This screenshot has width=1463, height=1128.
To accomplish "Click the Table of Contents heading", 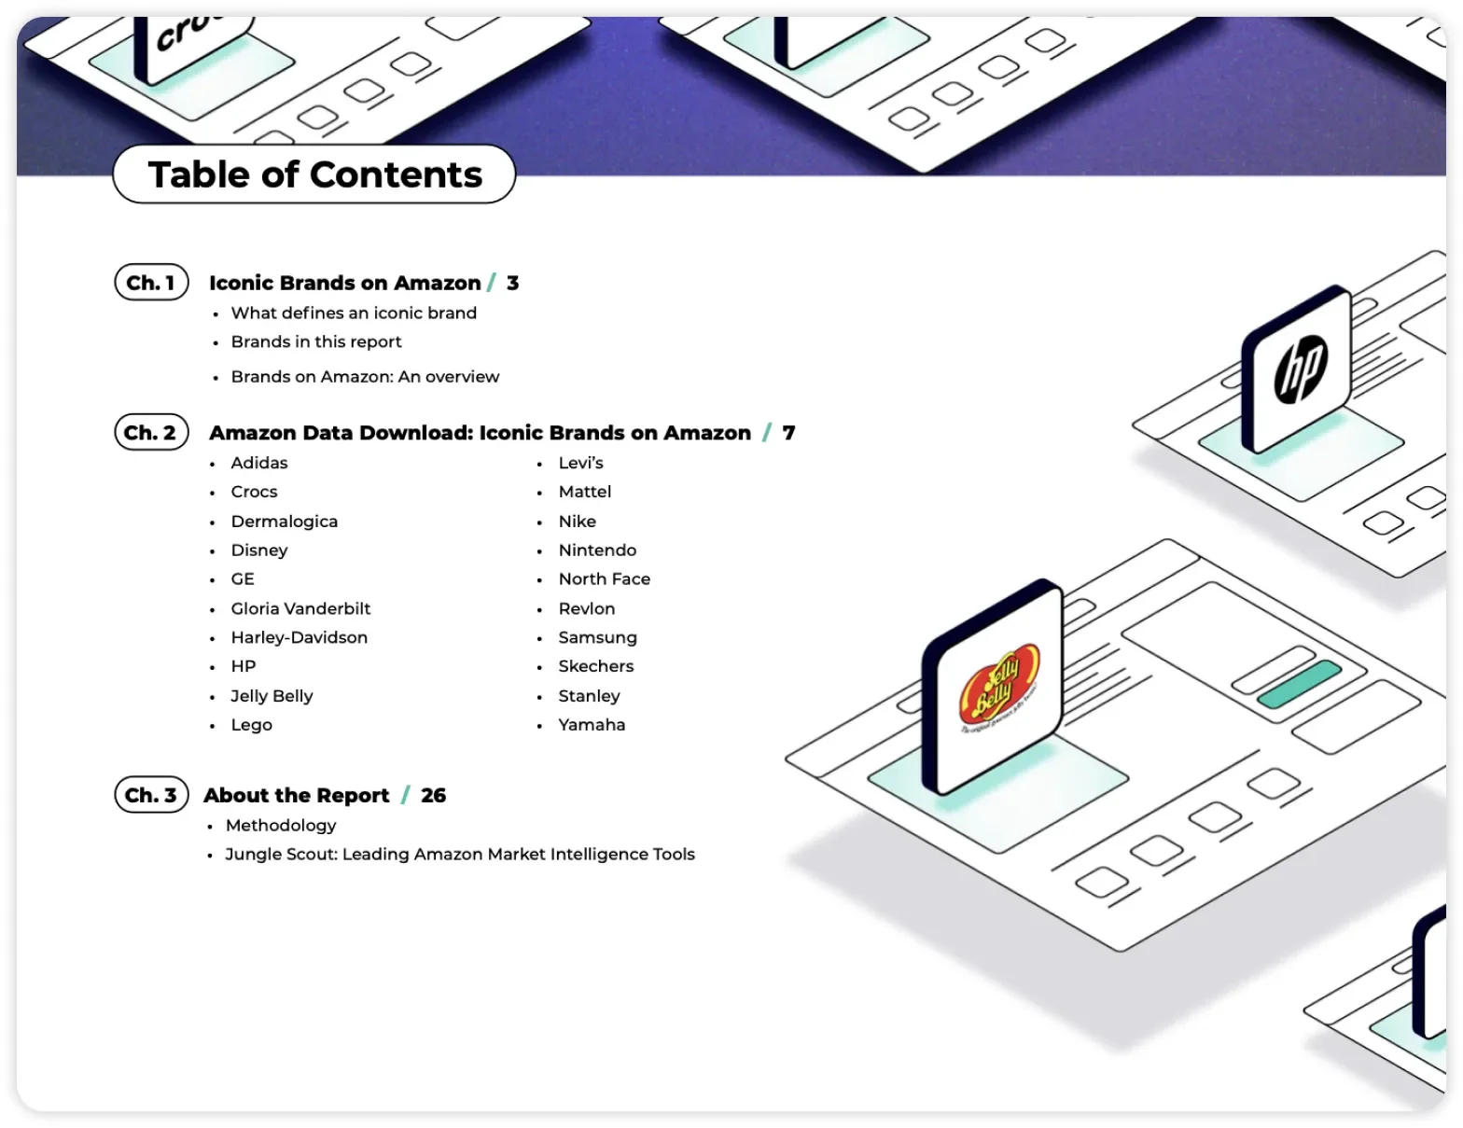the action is tap(314, 174).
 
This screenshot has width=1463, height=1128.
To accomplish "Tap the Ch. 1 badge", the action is tap(151, 282).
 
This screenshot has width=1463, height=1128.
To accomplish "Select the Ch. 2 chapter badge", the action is tap(151, 432).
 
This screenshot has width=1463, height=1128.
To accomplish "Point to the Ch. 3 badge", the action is tap(151, 795).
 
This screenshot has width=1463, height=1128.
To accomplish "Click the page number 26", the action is tap(433, 796).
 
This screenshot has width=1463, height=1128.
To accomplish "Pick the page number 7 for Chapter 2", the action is tap(788, 433).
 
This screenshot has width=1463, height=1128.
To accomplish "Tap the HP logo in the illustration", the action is tap(1301, 369).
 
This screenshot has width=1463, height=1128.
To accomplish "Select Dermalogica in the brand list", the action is tap(285, 521).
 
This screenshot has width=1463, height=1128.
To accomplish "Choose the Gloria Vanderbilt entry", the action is tap(300, 608).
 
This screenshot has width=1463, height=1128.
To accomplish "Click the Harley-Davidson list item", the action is tap(299, 637).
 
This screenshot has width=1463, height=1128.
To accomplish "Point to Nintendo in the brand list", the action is tap(597, 550).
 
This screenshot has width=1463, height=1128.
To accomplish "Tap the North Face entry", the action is tap(604, 578).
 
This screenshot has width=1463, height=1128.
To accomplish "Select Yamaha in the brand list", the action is tap(592, 725).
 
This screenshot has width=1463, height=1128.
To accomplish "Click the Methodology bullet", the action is tap(281, 825).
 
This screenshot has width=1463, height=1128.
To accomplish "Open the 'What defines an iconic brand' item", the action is tap(354, 313).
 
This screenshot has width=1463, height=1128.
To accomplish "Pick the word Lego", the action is tap(251, 725).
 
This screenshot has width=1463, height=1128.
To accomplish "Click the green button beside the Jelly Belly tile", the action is tap(1300, 684).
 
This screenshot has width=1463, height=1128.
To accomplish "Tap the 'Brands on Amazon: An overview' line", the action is tap(365, 376).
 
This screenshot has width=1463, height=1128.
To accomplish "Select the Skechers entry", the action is tap(596, 666).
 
